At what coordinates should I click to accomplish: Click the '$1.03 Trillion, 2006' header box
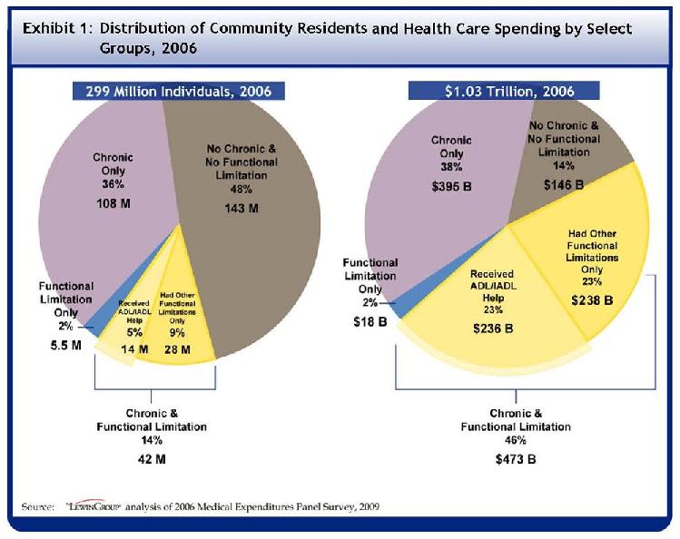(x=504, y=91)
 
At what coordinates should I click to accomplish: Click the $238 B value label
(x=591, y=299)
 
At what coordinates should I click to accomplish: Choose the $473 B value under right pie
(x=516, y=458)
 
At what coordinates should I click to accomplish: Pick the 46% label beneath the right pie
(x=516, y=441)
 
